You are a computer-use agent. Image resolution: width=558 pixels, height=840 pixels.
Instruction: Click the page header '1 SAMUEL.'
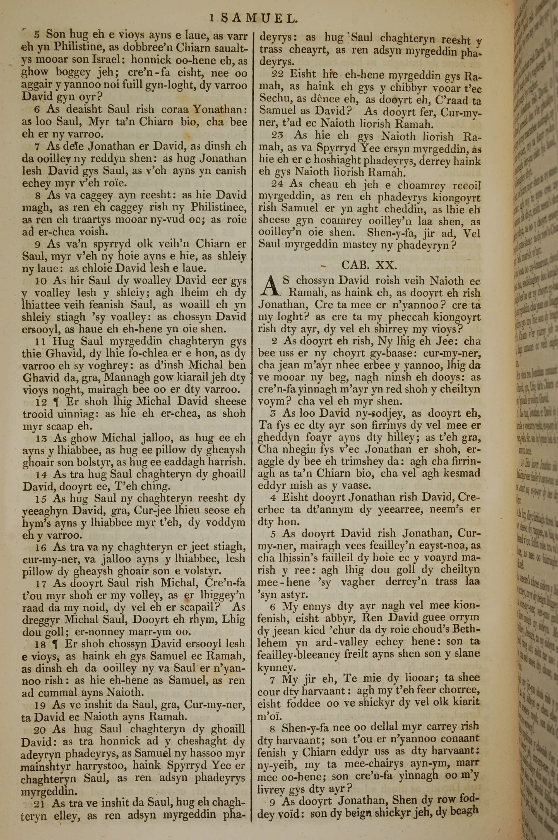click(253, 18)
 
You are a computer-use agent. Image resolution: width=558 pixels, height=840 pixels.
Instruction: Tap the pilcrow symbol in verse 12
click(56, 402)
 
